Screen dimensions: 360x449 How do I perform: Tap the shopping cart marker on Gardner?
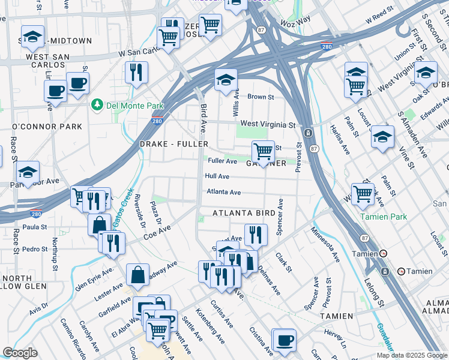[263, 151]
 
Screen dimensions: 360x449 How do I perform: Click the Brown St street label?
[261, 97]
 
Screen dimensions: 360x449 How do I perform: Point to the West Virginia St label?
[268, 125]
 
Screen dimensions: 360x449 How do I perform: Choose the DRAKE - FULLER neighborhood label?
[173, 145]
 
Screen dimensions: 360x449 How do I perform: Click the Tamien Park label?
[383, 217]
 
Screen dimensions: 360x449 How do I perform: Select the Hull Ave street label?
[217, 176]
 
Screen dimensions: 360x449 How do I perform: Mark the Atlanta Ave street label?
[223, 192]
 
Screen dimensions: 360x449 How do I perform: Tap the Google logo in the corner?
[20, 353]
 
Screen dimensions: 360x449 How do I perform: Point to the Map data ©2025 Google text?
[412, 355]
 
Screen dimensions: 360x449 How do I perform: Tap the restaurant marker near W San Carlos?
[136, 72]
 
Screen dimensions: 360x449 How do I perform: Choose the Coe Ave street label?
[157, 233]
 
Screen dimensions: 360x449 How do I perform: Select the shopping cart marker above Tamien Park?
[363, 194]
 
